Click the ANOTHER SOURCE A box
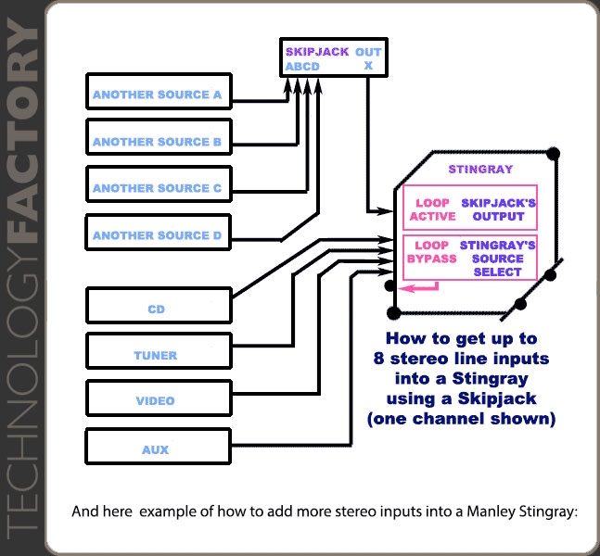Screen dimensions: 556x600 158,95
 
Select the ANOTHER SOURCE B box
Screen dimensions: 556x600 158,141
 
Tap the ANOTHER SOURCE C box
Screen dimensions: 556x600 158,188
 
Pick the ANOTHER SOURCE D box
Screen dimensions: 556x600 158,235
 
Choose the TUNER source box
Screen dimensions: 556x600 158,354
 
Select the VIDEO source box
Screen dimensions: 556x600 158,400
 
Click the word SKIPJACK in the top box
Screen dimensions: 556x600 317,52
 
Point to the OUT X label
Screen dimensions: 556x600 368,58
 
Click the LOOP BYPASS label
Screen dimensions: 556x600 431,252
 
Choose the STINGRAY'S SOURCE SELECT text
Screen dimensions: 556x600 497,259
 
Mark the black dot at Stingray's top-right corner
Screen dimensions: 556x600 554,153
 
